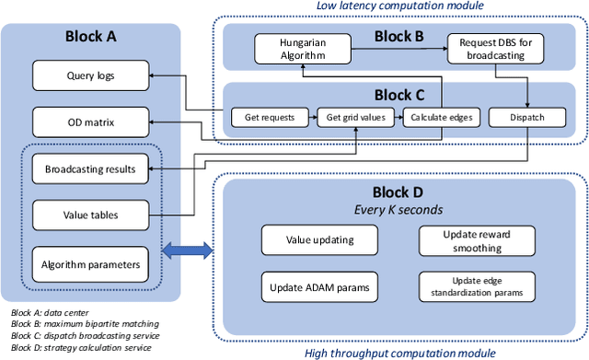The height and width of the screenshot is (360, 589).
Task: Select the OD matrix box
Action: pyautogui.click(x=90, y=121)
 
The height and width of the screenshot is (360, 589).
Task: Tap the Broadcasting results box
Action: pyautogui.click(x=90, y=169)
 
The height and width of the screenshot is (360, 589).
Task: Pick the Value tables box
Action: pyautogui.click(x=90, y=216)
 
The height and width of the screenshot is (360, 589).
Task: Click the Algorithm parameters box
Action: pyautogui.click(x=90, y=264)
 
